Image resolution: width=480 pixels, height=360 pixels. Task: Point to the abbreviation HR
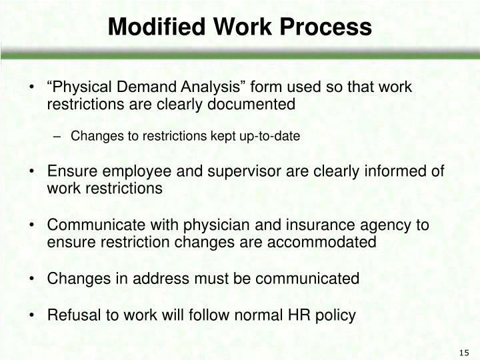(292, 315)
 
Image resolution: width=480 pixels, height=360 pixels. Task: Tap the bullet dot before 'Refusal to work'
(34, 315)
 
